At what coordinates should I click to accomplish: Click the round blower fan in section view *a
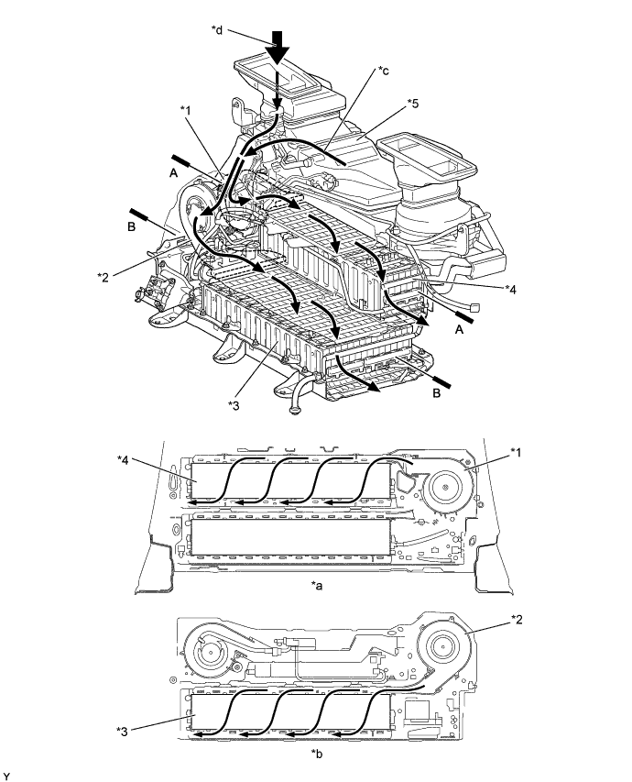[447, 483]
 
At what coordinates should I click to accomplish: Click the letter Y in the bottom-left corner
[7, 775]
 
